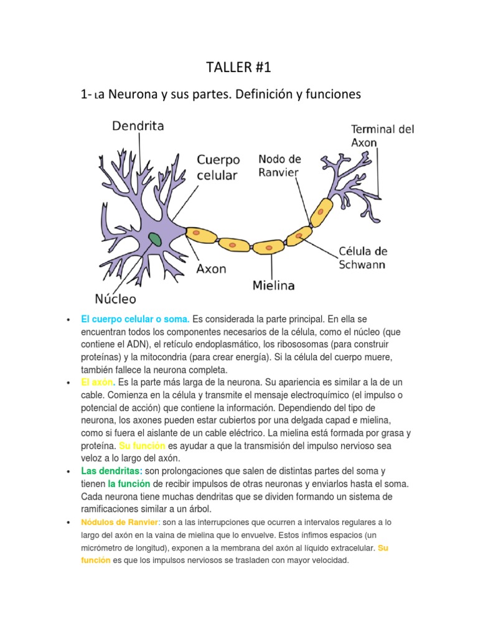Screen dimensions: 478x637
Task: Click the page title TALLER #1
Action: pyautogui.click(x=239, y=67)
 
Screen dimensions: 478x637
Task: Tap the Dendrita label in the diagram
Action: pyautogui.click(x=138, y=126)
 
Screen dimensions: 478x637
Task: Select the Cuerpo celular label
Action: pyautogui.click(x=218, y=167)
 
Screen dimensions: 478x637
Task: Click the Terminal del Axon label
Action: pyautogui.click(x=382, y=136)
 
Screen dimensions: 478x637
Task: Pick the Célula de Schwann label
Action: pyautogui.click(x=362, y=258)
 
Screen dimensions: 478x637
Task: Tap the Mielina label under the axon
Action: pyautogui.click(x=274, y=286)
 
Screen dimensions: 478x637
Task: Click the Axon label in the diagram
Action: pyautogui.click(x=212, y=269)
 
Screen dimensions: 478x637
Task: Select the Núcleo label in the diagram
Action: pyautogui.click(x=115, y=298)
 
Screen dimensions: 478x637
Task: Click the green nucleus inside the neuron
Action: pyautogui.click(x=154, y=239)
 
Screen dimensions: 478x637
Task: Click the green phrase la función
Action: pyautogui.click(x=128, y=483)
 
